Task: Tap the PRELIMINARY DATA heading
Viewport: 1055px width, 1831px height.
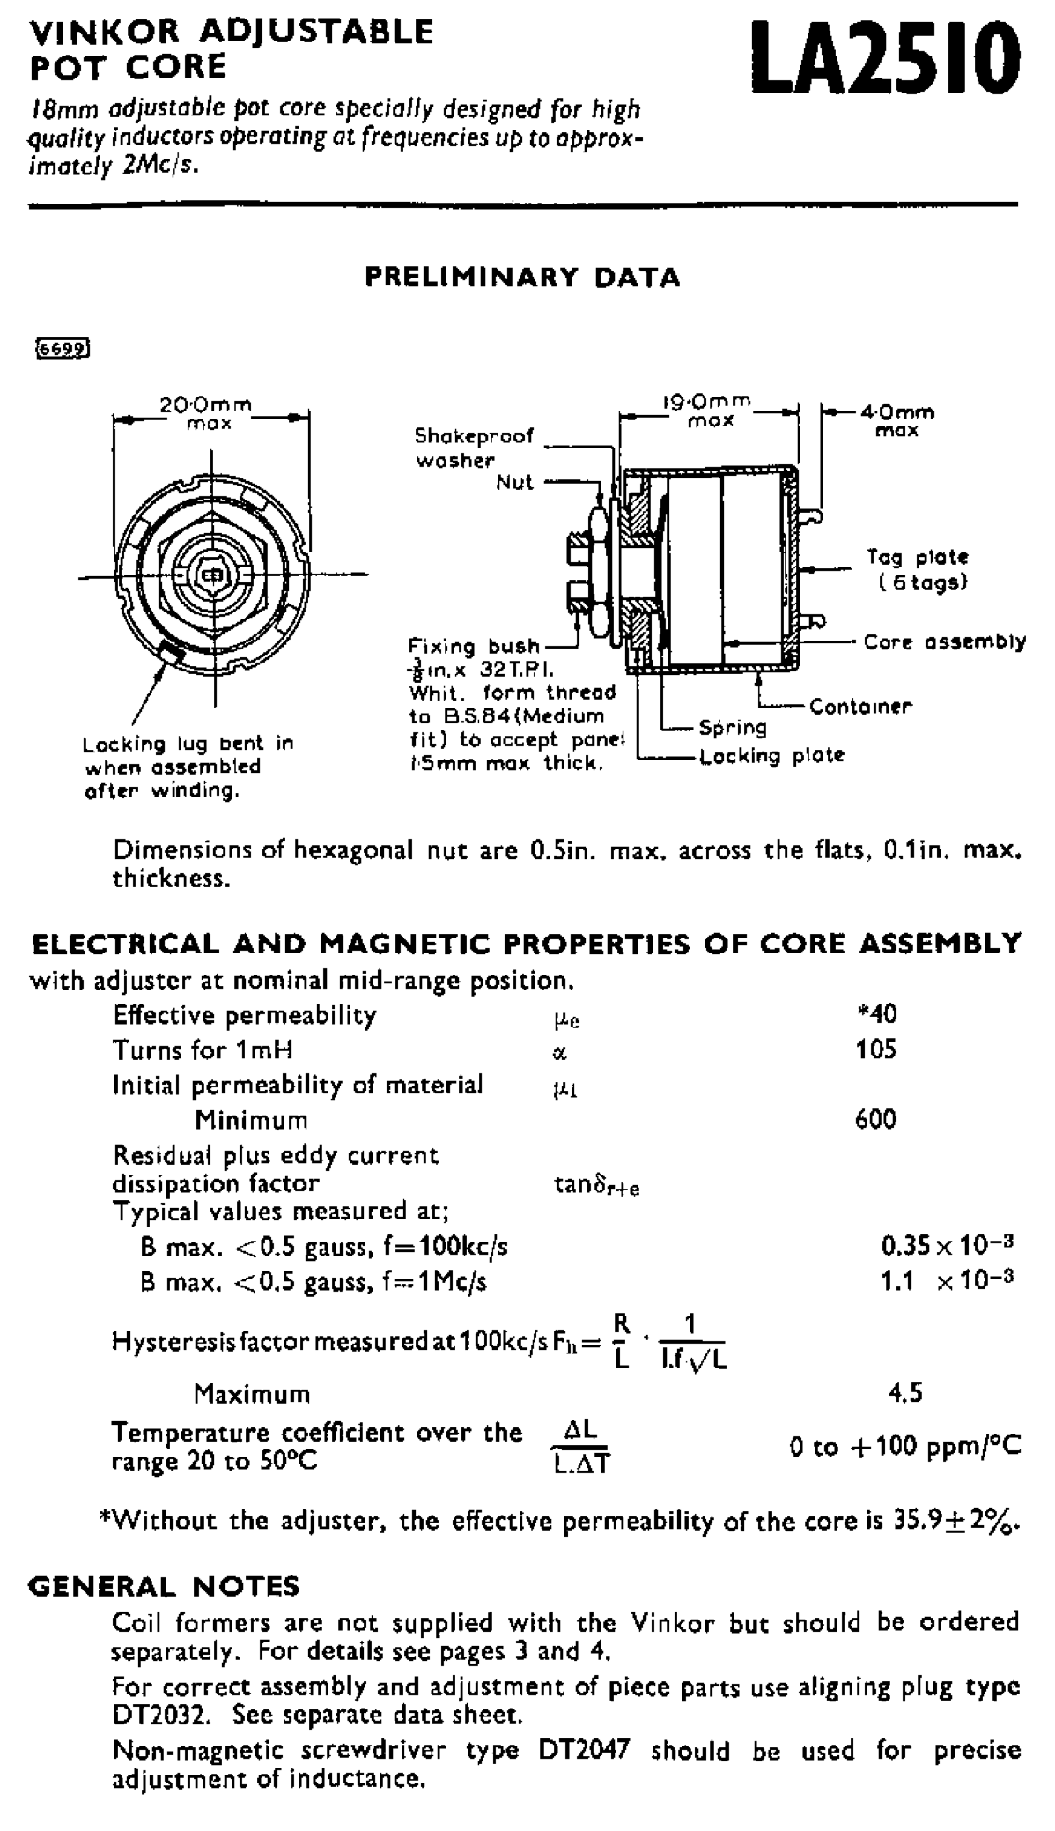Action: point(523,278)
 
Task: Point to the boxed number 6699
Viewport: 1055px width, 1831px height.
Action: point(62,348)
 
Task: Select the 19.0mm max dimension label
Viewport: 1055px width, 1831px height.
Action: point(710,411)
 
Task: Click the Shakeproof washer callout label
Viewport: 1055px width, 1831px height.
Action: point(475,448)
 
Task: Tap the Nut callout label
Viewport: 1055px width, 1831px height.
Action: point(515,482)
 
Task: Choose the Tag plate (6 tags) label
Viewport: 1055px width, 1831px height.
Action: point(918,569)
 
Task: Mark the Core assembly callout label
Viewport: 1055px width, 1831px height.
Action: point(944,641)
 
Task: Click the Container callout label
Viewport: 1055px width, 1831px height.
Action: point(860,707)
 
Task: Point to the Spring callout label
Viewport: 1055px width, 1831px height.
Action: point(733,728)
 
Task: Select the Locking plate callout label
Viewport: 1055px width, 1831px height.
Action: point(771,756)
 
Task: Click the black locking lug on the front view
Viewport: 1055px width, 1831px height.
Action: point(169,653)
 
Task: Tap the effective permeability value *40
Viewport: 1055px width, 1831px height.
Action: point(876,1014)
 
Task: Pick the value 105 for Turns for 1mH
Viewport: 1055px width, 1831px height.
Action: point(876,1049)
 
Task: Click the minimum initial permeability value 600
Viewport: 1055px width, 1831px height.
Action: point(876,1120)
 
